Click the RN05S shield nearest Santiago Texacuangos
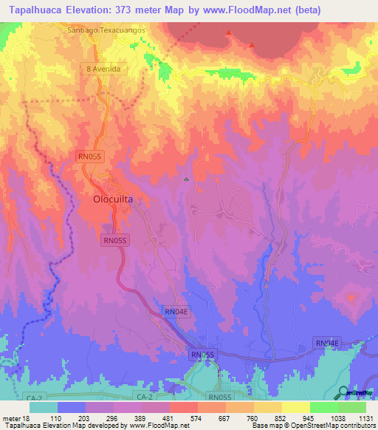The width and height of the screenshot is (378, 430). pyautogui.click(x=91, y=156)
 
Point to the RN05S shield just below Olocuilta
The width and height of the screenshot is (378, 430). pyautogui.click(x=115, y=240)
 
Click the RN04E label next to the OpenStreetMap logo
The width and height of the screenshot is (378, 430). pyautogui.click(x=327, y=343)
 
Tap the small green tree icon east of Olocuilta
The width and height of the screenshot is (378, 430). pyautogui.click(x=187, y=180)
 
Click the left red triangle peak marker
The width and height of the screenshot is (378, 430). pyautogui.click(x=230, y=33)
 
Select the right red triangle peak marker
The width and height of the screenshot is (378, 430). pyautogui.click(x=253, y=45)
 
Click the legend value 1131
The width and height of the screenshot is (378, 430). pyautogui.click(x=365, y=418)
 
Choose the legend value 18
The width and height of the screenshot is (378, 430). pyautogui.click(x=27, y=418)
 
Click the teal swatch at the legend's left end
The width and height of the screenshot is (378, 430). pyautogui.click(x=44, y=407)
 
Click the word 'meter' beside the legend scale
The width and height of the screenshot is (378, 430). pyautogui.click(x=11, y=418)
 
